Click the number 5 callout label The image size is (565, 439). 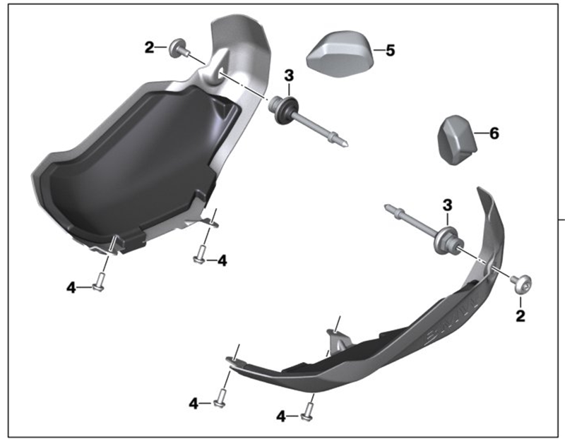[391, 50]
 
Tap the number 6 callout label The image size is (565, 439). [494, 133]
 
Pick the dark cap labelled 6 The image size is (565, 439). [457, 140]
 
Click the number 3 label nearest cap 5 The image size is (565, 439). [289, 76]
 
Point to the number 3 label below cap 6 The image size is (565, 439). [447, 205]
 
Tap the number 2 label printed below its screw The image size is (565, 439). [521, 315]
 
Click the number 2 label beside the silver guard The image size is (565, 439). [149, 47]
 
